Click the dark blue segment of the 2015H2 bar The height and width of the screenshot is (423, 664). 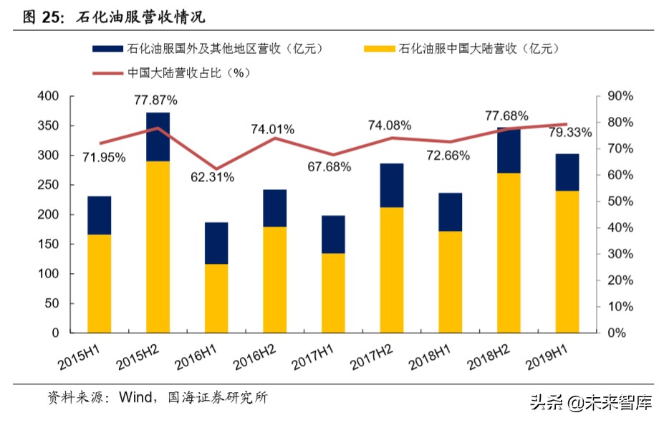click(x=158, y=137)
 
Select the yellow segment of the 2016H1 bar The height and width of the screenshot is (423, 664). click(x=216, y=298)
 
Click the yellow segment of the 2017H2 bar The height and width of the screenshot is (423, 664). click(x=392, y=270)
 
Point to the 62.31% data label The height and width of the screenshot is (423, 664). click(x=212, y=177)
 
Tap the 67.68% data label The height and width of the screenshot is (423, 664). click(x=329, y=167)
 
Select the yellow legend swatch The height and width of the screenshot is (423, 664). click(x=378, y=49)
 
